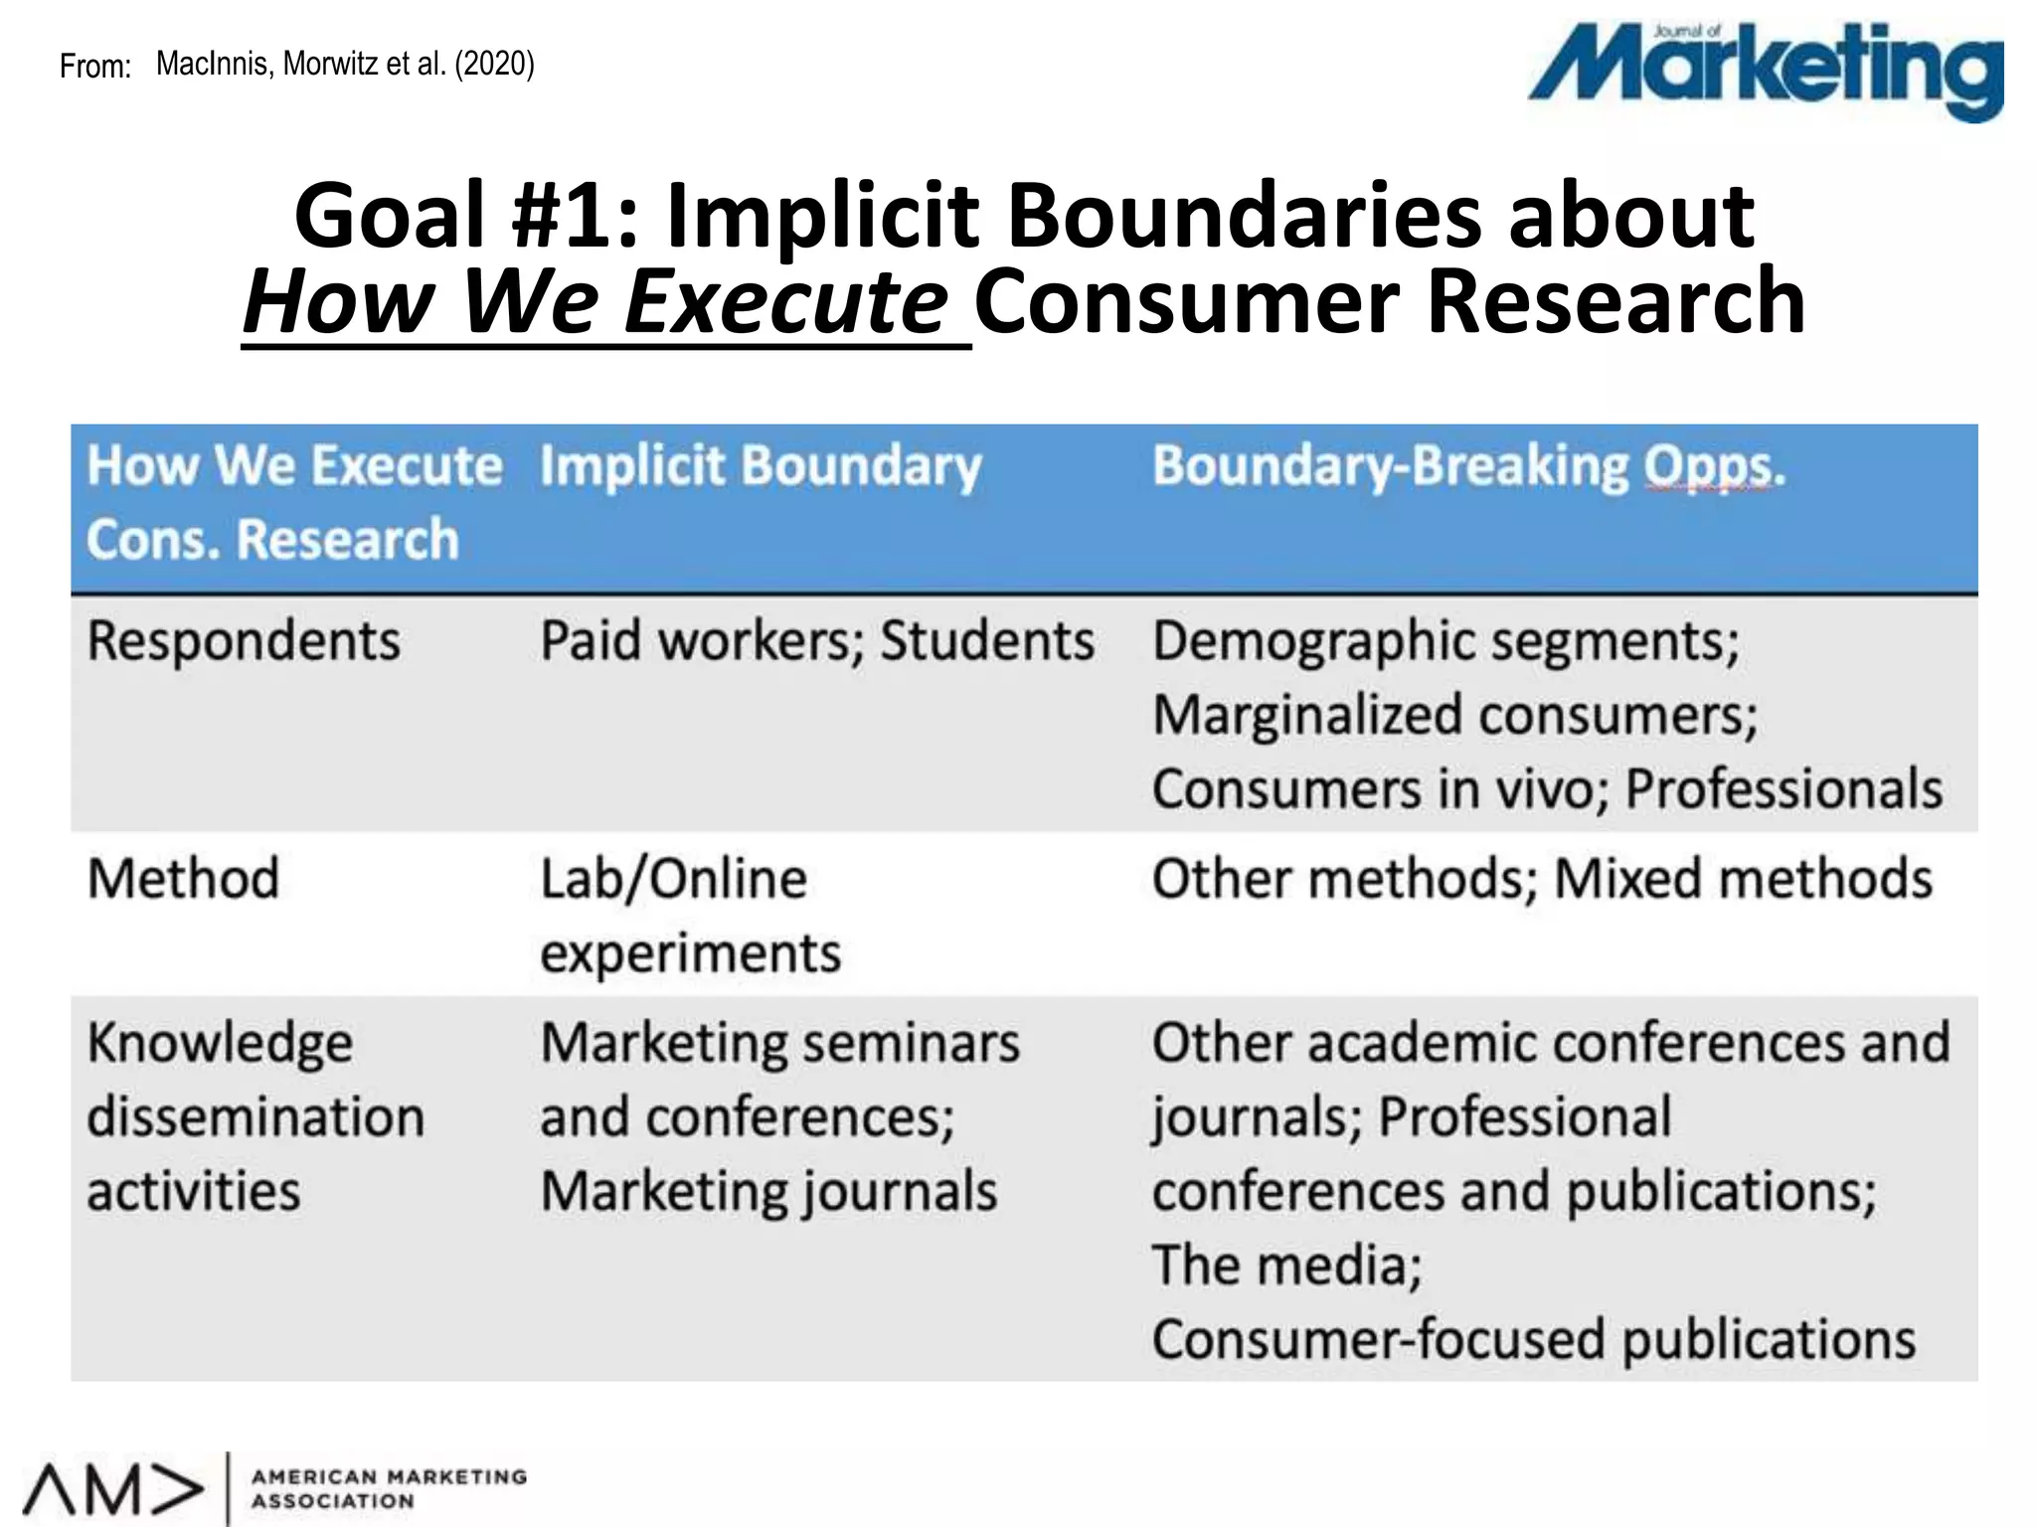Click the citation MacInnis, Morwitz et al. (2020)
(345, 65)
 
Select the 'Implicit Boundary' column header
(761, 466)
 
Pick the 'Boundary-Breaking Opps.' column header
(1468, 466)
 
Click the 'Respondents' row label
(244, 640)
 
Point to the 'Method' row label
(183, 879)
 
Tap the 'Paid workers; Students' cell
(816, 640)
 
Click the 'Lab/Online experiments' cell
(690, 916)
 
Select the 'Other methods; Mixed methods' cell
(1542, 879)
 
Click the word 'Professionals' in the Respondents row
(1783, 789)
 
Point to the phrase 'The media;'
(1286, 1266)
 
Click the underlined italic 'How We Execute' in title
(596, 302)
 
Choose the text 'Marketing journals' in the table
(768, 1191)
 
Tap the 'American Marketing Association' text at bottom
(389, 1489)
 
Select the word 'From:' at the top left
(95, 67)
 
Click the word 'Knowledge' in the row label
(220, 1043)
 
